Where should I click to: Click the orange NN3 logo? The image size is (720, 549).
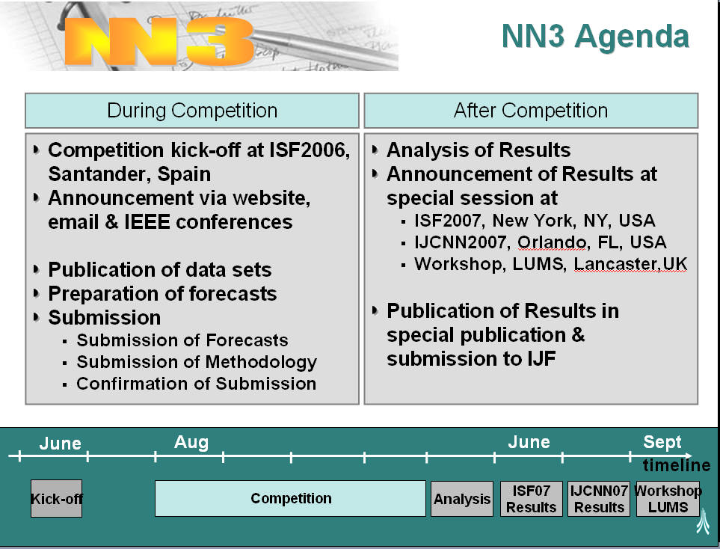coord(159,42)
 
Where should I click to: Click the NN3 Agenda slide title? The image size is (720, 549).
coord(596,37)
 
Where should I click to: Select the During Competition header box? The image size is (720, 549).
coord(192,111)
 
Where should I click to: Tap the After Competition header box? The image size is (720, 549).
coord(531,111)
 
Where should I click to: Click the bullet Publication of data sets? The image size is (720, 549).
coord(160,270)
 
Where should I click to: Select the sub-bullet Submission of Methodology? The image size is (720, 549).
coord(197,362)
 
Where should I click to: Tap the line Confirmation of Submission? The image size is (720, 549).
coord(196,384)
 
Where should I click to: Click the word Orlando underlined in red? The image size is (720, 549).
coord(552,242)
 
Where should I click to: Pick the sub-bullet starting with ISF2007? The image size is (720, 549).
coord(535,221)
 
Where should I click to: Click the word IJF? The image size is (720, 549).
coord(542,359)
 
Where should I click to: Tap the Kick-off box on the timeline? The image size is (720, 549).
coord(57,499)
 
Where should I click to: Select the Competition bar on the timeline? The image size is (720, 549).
coord(290,498)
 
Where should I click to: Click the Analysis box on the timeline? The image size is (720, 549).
coord(462,499)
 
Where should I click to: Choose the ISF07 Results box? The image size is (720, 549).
coord(532,499)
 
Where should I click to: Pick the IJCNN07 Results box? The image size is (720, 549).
coord(599,499)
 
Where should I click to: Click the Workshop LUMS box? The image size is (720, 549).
coord(668,499)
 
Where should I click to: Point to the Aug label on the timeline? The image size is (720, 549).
coord(191,442)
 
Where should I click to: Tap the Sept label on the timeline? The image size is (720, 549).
coord(662,442)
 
